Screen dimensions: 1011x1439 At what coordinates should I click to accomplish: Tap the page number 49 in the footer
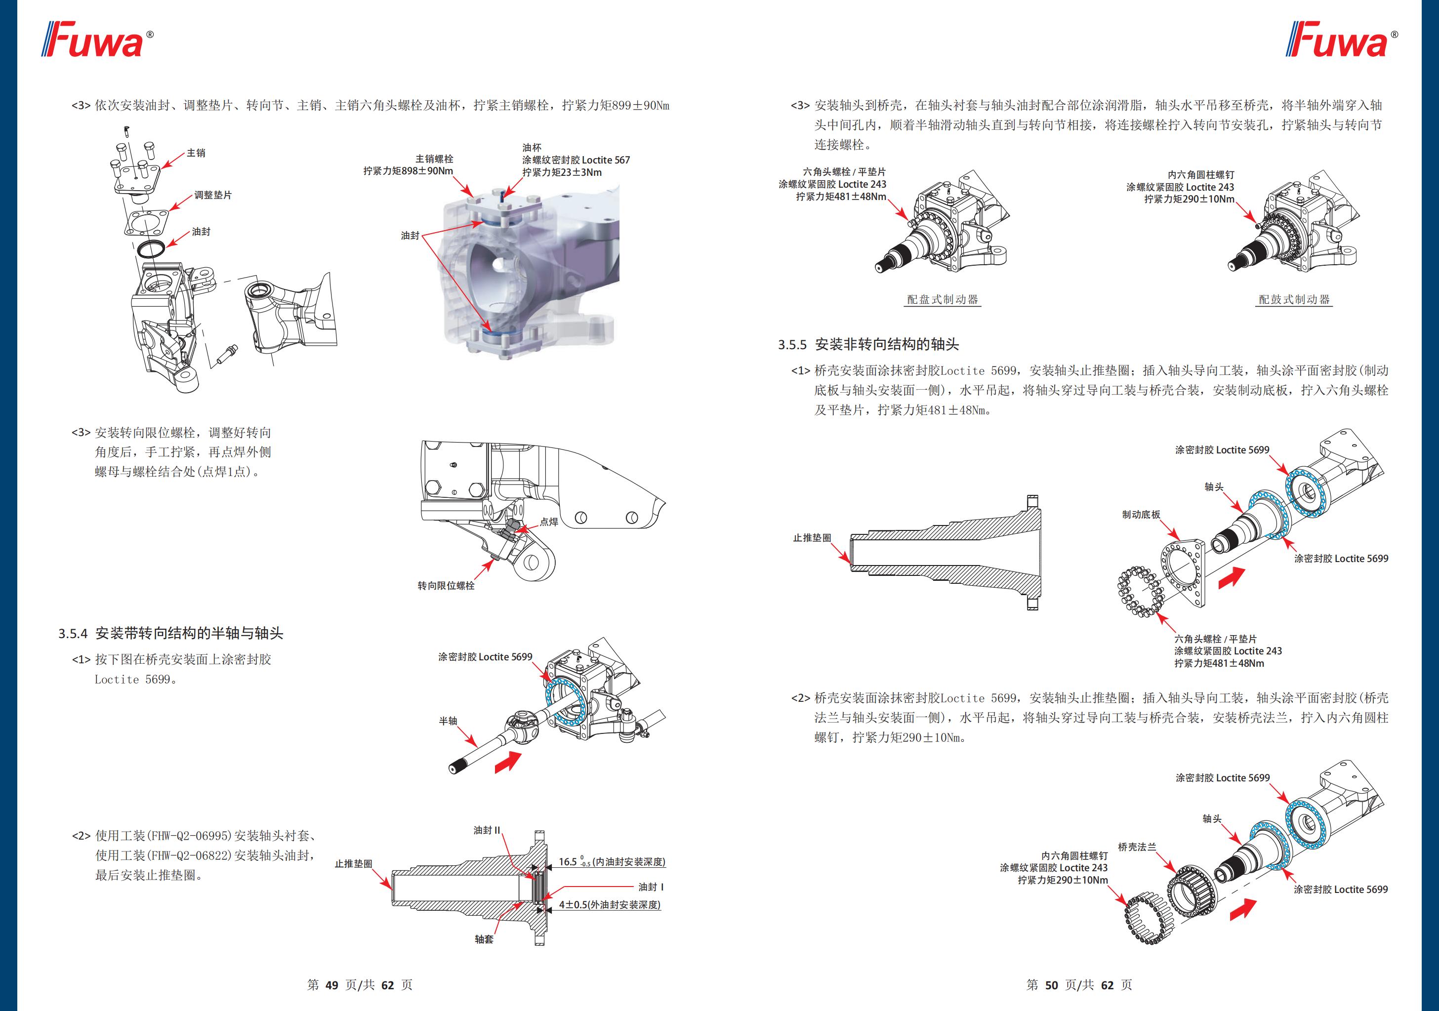point(331,985)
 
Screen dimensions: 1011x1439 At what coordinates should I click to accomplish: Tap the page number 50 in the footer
point(1051,985)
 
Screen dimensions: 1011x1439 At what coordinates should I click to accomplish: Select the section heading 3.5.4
point(170,633)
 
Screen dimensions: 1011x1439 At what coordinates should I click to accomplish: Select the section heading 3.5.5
point(868,344)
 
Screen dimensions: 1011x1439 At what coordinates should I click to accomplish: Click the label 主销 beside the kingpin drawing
point(196,153)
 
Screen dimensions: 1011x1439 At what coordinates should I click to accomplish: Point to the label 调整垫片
point(212,195)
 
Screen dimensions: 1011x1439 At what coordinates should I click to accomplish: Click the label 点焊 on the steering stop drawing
point(549,522)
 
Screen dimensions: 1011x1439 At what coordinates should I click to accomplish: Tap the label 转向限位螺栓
point(446,585)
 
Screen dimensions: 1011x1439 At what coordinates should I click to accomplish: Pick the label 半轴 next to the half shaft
point(448,721)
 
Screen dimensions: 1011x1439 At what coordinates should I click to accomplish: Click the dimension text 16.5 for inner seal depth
point(568,862)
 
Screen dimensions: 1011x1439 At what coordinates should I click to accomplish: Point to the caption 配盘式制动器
point(942,300)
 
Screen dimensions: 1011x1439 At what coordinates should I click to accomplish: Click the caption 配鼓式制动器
point(1294,300)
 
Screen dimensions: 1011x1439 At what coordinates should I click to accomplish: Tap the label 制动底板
point(1141,515)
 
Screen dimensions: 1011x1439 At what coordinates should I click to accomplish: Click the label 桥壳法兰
point(1137,847)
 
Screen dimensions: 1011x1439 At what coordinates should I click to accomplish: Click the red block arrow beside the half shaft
point(508,763)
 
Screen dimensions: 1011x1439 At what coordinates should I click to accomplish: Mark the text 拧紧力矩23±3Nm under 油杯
point(562,172)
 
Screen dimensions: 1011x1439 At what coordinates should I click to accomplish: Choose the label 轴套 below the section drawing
point(484,939)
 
